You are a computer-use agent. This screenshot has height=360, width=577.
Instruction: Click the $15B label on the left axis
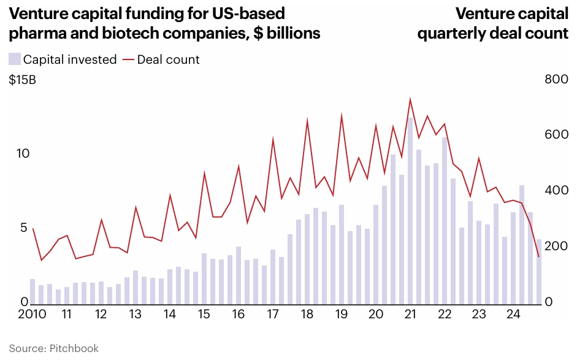click(22, 80)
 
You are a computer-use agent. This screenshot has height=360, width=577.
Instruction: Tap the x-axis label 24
click(513, 315)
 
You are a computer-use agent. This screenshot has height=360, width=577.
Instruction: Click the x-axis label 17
click(272, 315)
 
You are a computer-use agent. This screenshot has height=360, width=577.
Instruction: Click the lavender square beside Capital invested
click(14, 59)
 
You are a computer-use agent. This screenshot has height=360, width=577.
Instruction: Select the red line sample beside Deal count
click(128, 59)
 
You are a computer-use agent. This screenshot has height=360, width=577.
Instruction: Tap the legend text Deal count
click(168, 59)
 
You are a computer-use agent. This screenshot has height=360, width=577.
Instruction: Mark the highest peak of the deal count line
click(410, 99)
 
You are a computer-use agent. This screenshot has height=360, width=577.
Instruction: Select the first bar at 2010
click(32, 291)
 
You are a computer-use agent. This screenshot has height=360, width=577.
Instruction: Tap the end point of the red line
click(538, 257)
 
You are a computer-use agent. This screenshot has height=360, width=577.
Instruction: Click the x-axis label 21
click(410, 315)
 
